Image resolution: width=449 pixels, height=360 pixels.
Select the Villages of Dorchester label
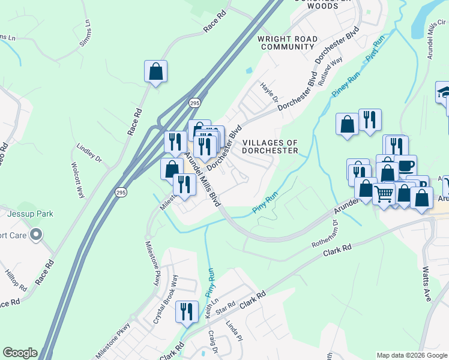[270, 147]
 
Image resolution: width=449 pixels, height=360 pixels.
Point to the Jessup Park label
[31, 214]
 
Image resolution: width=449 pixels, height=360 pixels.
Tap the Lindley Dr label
[90, 153]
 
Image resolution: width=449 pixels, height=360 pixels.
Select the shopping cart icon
[384, 192]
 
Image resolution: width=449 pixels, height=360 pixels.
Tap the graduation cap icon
[444, 92]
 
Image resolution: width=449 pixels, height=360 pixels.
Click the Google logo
[20, 353]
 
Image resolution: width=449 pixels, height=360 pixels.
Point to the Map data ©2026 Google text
[412, 355]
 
